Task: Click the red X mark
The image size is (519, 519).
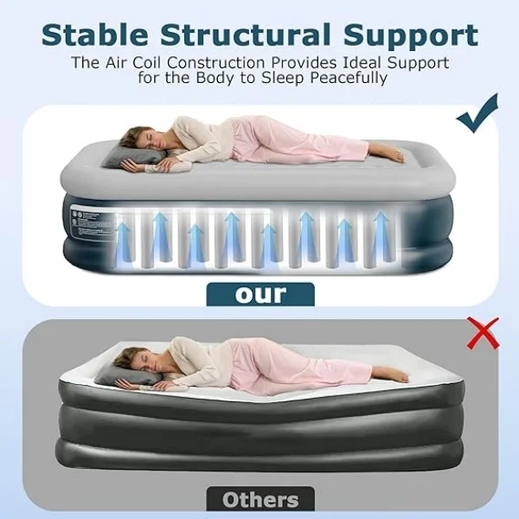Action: click(x=482, y=334)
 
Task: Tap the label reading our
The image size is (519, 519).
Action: click(x=259, y=293)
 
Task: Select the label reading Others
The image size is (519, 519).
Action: click(x=259, y=499)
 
